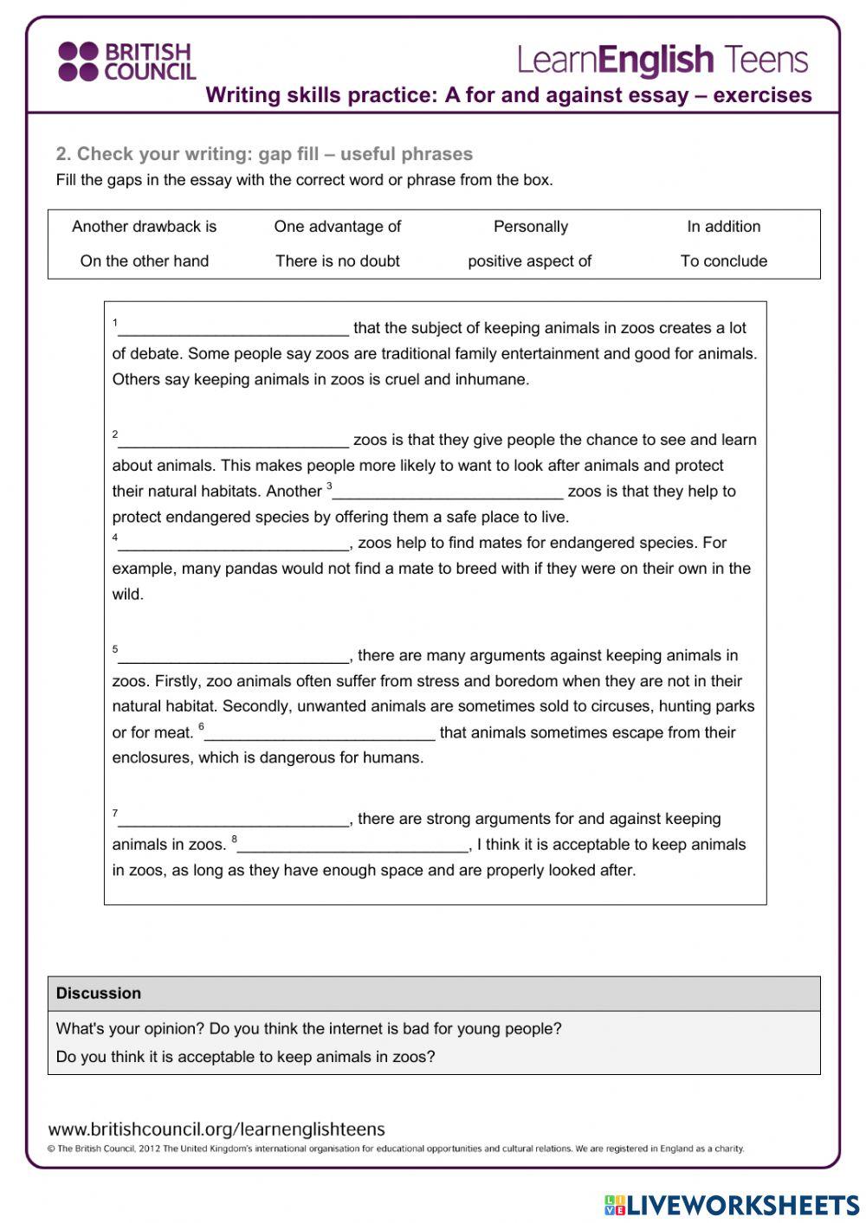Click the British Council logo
[x=126, y=61]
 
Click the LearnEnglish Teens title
[x=662, y=60]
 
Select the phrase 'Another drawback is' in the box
[x=145, y=227]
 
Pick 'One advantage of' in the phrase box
[x=338, y=227]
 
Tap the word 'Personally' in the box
[x=531, y=227]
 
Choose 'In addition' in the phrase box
[x=724, y=227]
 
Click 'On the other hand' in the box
[x=145, y=261]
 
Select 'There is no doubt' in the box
[x=338, y=261]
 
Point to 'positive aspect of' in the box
[x=530, y=261]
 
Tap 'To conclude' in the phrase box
[x=724, y=261]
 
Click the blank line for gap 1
[x=234, y=330]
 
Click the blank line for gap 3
[x=448, y=493]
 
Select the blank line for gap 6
[x=320, y=735]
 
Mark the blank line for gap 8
[x=352, y=846]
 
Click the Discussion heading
[x=99, y=994]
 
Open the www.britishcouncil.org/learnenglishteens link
[x=216, y=1130]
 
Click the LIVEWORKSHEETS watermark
[x=732, y=1205]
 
